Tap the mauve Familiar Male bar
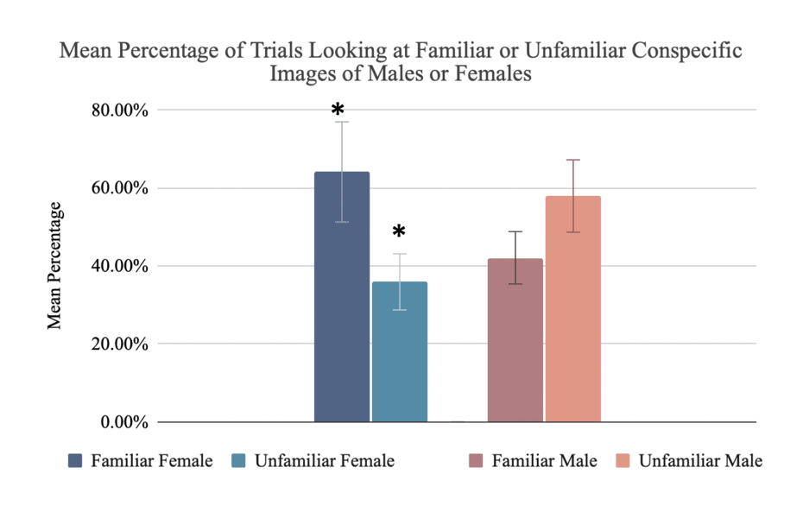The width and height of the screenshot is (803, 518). pyautogui.click(x=515, y=340)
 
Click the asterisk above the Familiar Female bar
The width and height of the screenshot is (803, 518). pyautogui.click(x=338, y=111)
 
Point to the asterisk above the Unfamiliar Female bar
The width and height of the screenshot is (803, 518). pyautogui.click(x=398, y=232)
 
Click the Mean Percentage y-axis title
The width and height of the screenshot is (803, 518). pyautogui.click(x=54, y=265)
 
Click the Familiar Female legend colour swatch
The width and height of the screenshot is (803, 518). pyautogui.click(x=75, y=461)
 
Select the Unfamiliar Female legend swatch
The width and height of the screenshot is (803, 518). pyautogui.click(x=239, y=461)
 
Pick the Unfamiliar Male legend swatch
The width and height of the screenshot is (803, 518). pyautogui.click(x=623, y=461)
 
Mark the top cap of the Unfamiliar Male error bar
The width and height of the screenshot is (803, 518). pyautogui.click(x=573, y=160)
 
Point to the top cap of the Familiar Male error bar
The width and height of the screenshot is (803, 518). pyautogui.click(x=515, y=231)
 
